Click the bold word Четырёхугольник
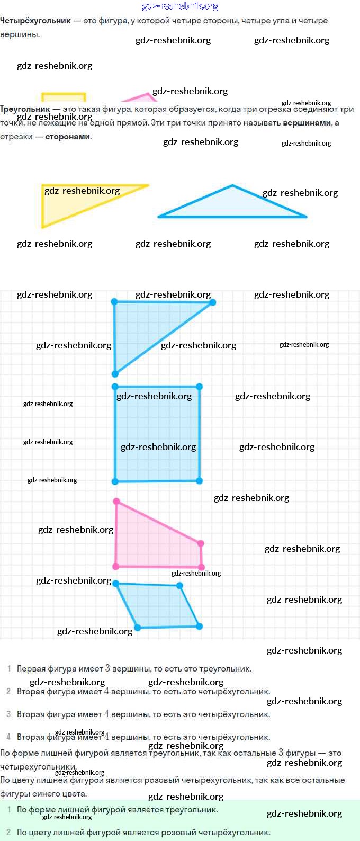[x=35, y=21]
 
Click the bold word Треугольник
[x=25, y=109]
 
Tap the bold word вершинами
[x=307, y=123]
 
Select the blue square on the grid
[x=157, y=434]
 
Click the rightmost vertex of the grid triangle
[x=213, y=302]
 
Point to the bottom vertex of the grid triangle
[x=115, y=374]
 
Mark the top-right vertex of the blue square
[x=199, y=387]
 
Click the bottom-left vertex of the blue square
[x=115, y=481]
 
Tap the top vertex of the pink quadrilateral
[x=116, y=501]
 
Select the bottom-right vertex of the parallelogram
[x=199, y=626]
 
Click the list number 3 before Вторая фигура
[x=8, y=714]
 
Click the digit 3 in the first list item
[x=107, y=668]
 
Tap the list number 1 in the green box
[x=9, y=810]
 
